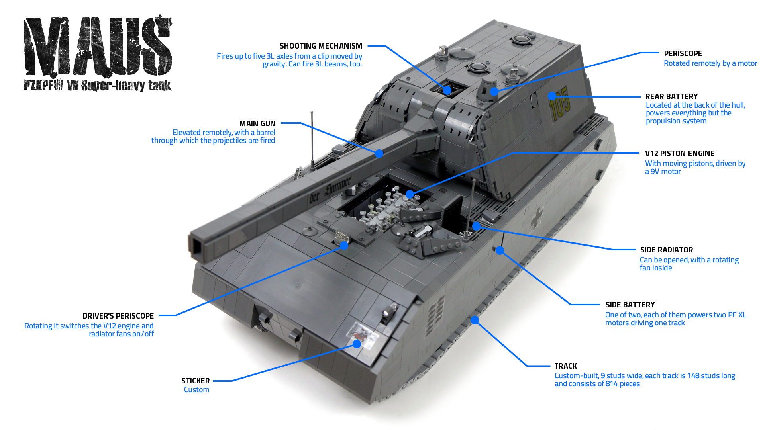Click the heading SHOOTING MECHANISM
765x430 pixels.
click(x=321, y=46)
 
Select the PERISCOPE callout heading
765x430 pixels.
click(x=683, y=54)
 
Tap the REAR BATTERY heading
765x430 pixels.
click(x=671, y=97)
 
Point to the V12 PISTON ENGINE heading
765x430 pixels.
click(x=679, y=154)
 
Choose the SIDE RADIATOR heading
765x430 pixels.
click(x=667, y=250)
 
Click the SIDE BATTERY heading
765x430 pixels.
click(x=630, y=305)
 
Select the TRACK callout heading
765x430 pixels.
click(x=565, y=366)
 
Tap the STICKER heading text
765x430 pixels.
click(x=195, y=381)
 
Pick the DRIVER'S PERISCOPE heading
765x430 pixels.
click(x=118, y=316)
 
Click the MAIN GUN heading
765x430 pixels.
click(x=257, y=124)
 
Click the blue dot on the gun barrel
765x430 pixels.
click(x=379, y=153)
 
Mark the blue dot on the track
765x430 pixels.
click(x=475, y=320)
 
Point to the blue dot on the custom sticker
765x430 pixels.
click(x=357, y=344)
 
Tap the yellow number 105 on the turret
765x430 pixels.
click(x=560, y=104)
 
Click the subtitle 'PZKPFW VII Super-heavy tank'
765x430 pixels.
click(x=98, y=86)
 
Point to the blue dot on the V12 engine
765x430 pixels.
click(x=410, y=194)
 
